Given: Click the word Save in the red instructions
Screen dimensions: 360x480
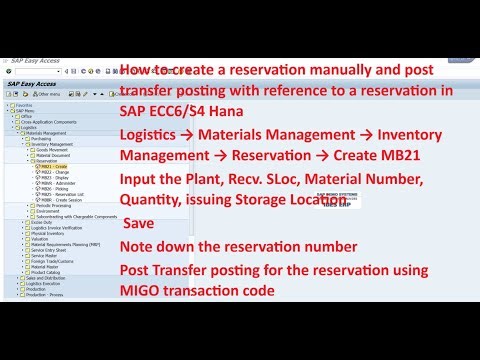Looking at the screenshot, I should click(x=139, y=223).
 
